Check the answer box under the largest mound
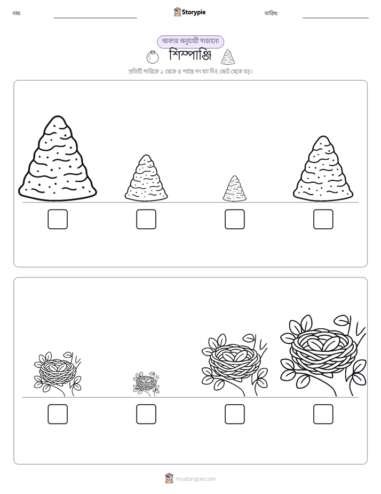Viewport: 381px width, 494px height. pyautogui.click(x=58, y=219)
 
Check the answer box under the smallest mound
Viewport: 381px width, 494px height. pyautogui.click(x=235, y=219)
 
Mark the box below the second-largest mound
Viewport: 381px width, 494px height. pyautogui.click(x=323, y=219)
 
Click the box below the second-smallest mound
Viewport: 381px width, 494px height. pyautogui.click(x=146, y=219)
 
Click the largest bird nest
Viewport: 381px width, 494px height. pyautogui.click(x=323, y=356)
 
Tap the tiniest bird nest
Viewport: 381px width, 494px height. pyautogui.click(x=146, y=383)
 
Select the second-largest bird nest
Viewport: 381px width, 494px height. pyautogui.click(x=234, y=365)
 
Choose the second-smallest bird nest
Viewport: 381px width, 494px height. pyautogui.click(x=57, y=374)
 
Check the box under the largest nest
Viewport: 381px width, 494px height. pyautogui.click(x=323, y=414)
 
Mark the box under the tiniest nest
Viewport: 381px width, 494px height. pyautogui.click(x=146, y=414)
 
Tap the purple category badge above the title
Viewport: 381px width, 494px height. pyautogui.click(x=190, y=42)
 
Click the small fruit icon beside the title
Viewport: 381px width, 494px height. pyautogui.click(x=153, y=57)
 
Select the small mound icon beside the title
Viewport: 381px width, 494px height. pyautogui.click(x=228, y=57)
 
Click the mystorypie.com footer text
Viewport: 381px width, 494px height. pyautogui.click(x=195, y=479)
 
